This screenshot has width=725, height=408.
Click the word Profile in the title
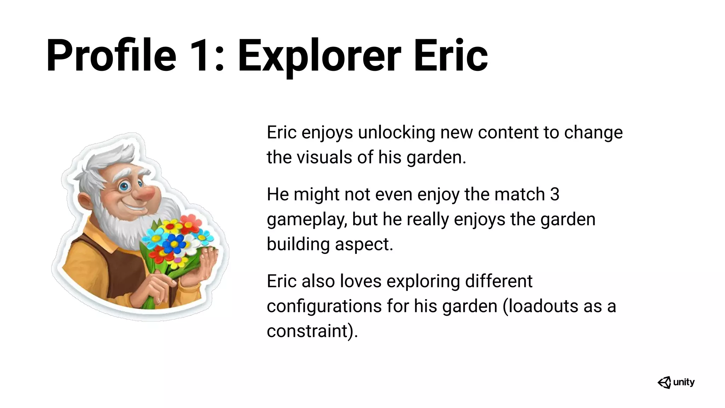coord(111,56)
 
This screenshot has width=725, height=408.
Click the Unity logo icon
coord(664,382)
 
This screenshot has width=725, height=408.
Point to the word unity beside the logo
coord(684,382)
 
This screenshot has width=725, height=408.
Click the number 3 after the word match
coord(555,194)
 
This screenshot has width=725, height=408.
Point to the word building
coord(298,244)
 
